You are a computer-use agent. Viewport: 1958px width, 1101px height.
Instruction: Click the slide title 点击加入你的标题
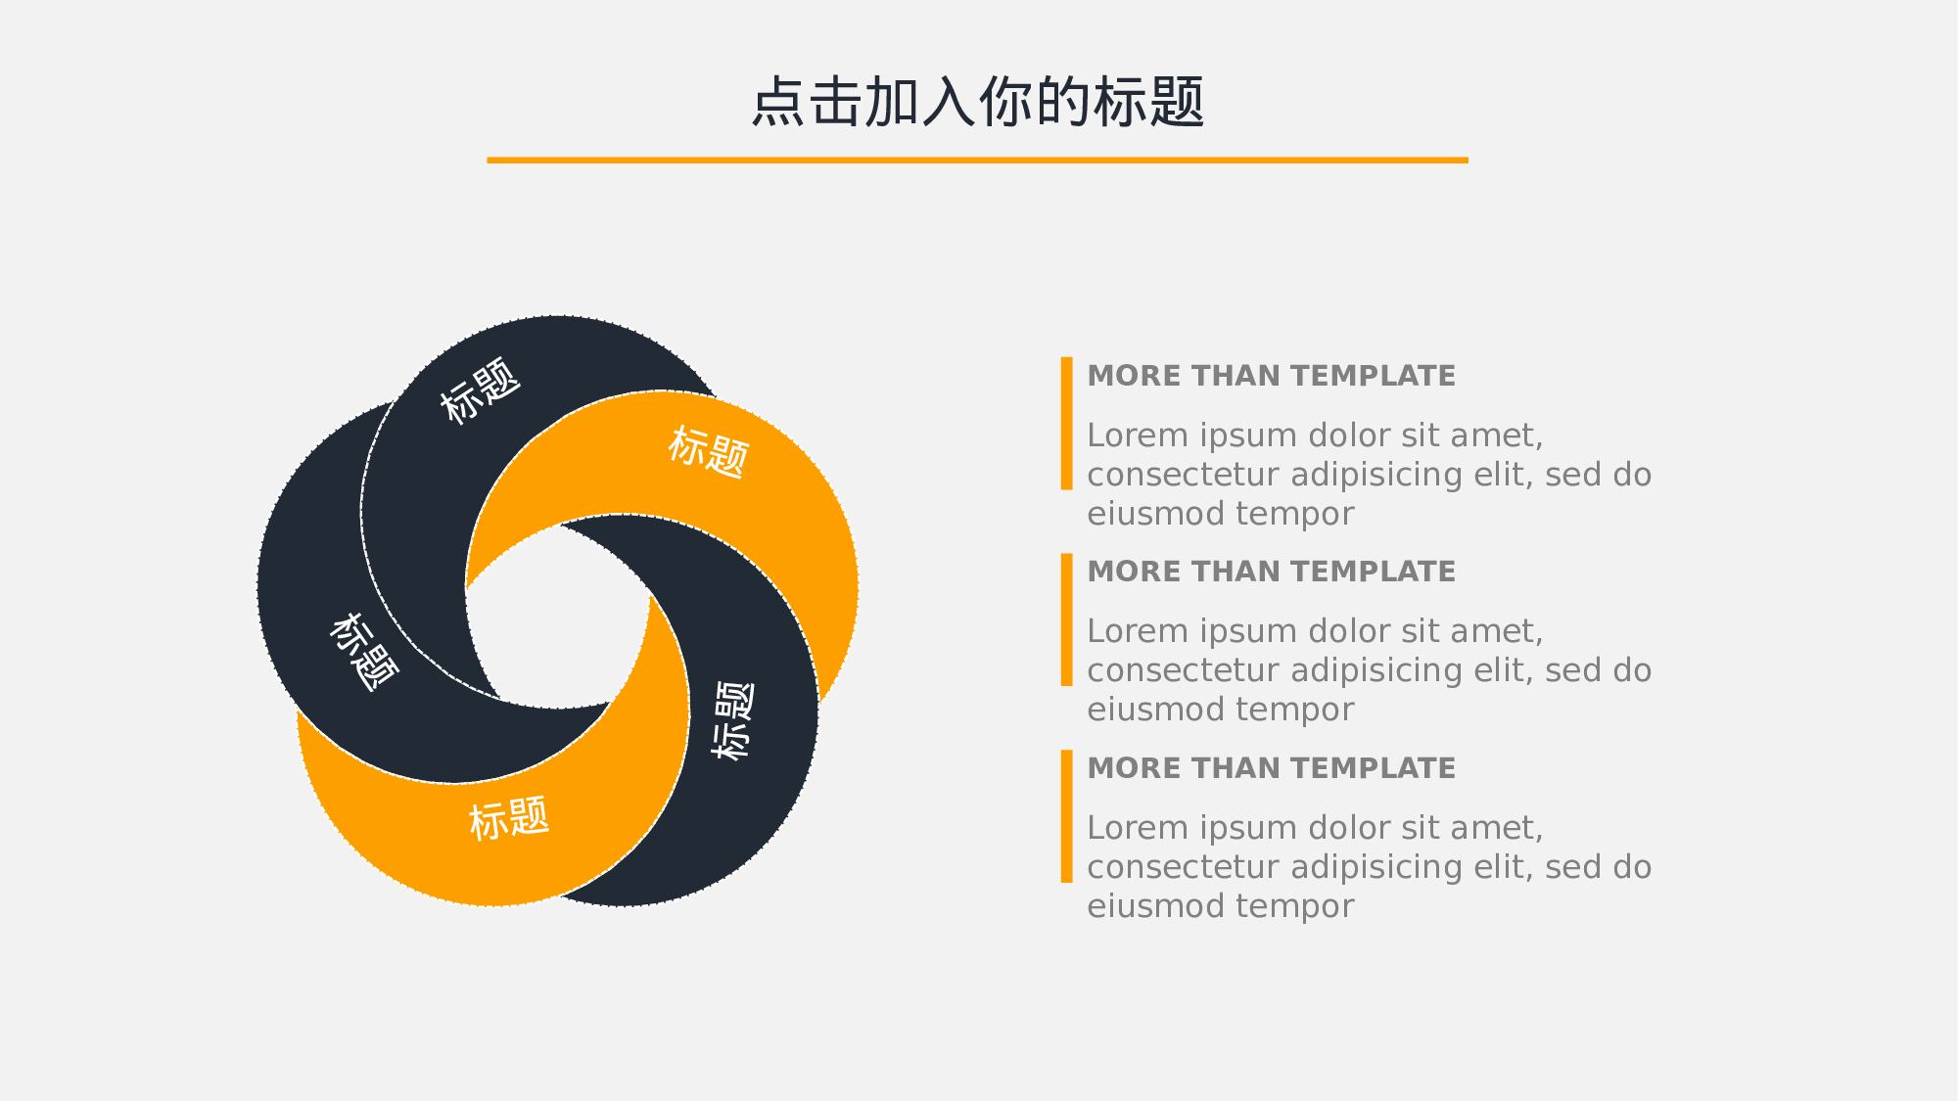pos(977,102)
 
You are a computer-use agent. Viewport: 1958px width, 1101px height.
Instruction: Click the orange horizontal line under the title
pos(977,160)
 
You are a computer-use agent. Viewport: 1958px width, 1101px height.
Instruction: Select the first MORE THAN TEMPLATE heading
pos(1271,376)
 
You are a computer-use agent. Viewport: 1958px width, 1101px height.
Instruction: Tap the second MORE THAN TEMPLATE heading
pos(1271,572)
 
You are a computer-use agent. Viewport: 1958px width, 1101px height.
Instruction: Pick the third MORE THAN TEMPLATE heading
pos(1271,768)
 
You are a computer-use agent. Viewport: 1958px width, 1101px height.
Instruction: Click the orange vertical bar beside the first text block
pos(1066,423)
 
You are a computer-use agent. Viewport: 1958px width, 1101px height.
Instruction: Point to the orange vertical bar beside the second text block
pos(1066,619)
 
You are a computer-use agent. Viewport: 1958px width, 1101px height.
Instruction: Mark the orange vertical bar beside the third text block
pos(1066,816)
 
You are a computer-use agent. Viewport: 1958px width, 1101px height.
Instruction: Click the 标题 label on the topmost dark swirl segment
pos(480,390)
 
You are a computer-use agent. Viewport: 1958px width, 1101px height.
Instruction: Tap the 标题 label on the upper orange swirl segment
pos(709,451)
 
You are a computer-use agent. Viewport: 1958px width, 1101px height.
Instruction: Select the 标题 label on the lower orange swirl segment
pos(509,818)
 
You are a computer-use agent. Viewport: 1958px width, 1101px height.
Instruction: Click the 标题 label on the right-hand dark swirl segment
pos(733,720)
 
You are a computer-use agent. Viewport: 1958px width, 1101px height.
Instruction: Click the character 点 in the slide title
pos(778,102)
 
